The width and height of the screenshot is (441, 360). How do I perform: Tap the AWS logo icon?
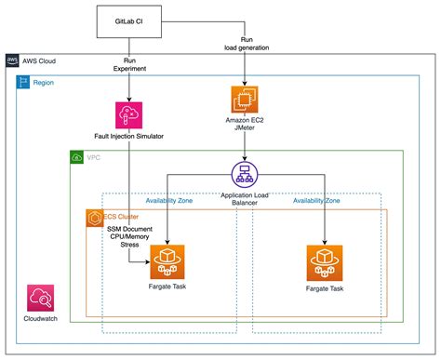click(12, 60)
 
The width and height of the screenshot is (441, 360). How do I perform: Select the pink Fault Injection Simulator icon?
click(127, 115)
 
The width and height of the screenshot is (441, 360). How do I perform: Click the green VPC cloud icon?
click(76, 158)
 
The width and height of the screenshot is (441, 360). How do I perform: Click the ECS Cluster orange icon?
click(93, 217)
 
